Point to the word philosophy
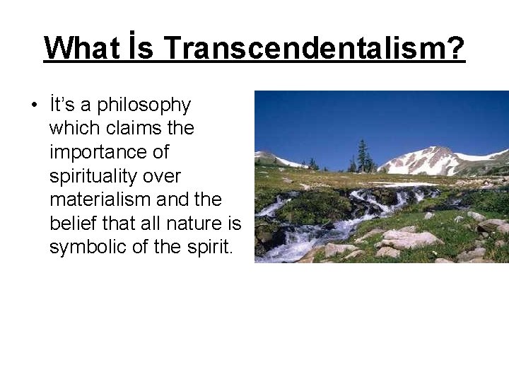144,105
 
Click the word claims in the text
125,128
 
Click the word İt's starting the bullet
63,105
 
